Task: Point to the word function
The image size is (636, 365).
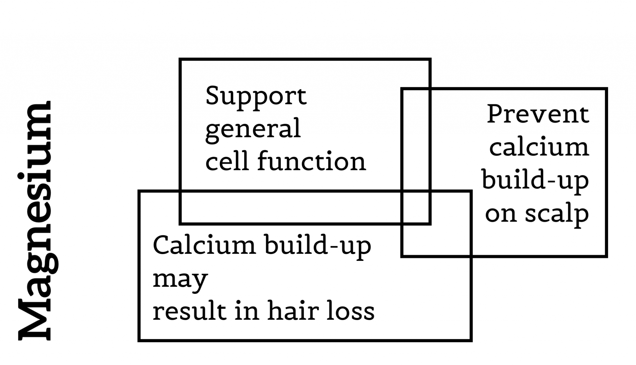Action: [311, 161]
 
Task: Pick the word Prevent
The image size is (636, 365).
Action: [538, 114]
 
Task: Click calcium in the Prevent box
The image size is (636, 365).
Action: [539, 147]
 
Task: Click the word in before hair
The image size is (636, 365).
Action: [247, 311]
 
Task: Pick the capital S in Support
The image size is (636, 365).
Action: [214, 96]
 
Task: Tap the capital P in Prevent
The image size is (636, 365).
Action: [495, 114]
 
